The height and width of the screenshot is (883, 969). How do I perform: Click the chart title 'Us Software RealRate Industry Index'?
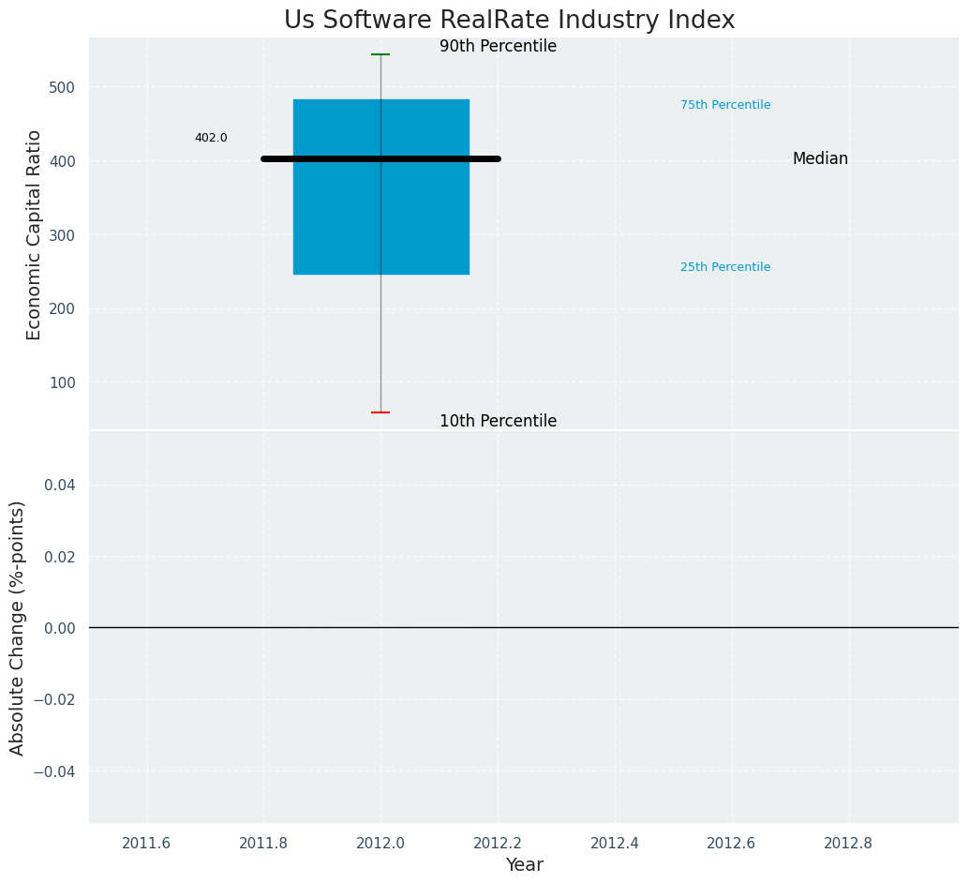pos(509,21)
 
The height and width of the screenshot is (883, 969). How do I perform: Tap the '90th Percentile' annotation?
pos(498,47)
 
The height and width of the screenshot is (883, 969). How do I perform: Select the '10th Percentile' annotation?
pos(498,422)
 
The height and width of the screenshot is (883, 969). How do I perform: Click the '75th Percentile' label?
pos(725,105)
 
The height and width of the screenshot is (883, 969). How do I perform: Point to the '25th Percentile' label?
pos(725,267)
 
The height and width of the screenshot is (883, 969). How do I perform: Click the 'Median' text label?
pos(820,159)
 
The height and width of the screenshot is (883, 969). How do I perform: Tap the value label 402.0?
pos(211,138)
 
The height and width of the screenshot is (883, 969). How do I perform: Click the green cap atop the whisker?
pos(380,54)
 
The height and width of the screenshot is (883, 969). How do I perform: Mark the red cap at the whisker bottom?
pos(380,412)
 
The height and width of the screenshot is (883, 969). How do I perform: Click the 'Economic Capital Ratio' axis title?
pos(35,234)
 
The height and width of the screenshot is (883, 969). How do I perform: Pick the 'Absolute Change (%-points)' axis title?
pos(18,627)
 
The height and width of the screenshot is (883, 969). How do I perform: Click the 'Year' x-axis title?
pos(524,865)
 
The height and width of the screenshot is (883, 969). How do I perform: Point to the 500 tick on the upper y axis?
pos(61,87)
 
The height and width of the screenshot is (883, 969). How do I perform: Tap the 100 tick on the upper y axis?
pos(61,382)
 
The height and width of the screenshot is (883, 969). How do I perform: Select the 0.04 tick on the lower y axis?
pos(60,485)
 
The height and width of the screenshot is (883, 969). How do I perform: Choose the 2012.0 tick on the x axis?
pos(380,843)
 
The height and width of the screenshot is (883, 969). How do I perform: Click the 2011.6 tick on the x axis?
pos(146,843)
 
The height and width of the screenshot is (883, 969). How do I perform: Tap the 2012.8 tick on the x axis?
pos(848,843)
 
